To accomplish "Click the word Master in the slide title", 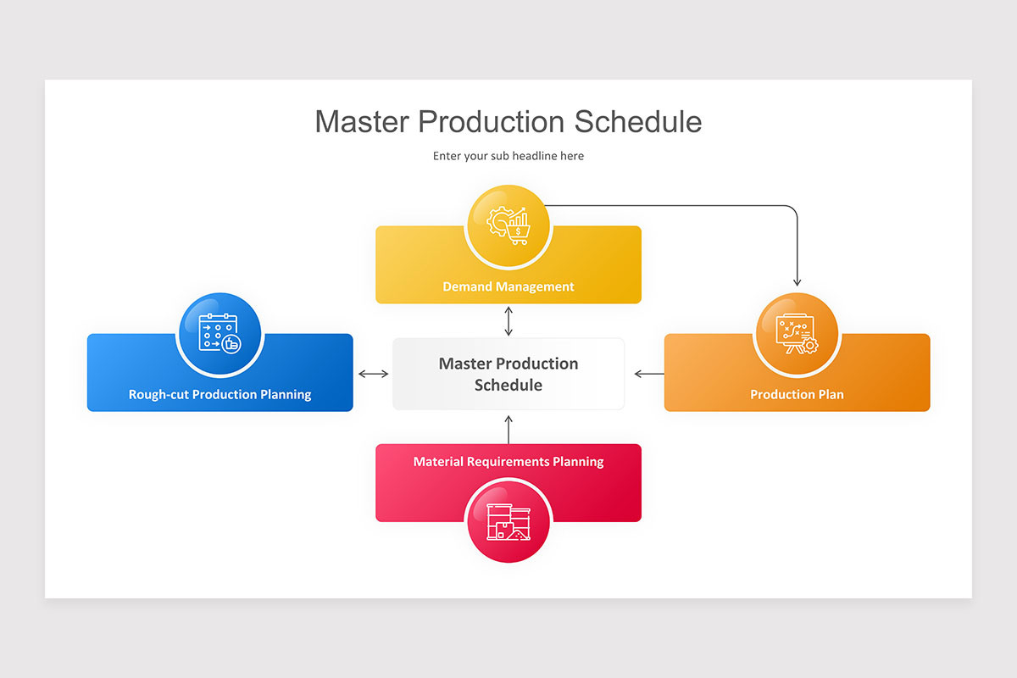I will pyautogui.click(x=362, y=121).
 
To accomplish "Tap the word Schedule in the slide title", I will pyautogui.click(x=638, y=121).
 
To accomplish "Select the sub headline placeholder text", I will pyautogui.click(x=508, y=156).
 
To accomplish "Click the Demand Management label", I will pyautogui.click(x=508, y=286).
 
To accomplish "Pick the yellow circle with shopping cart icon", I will pyautogui.click(x=508, y=225).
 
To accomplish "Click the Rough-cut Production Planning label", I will pyautogui.click(x=220, y=394).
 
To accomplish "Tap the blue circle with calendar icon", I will pyautogui.click(x=220, y=333).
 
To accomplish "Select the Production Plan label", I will pyautogui.click(x=797, y=394).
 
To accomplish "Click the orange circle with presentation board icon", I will pyautogui.click(x=796, y=333).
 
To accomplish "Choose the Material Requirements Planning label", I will pyautogui.click(x=508, y=462).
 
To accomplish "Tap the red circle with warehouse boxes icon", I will pyautogui.click(x=508, y=521).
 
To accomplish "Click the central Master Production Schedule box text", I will pyautogui.click(x=508, y=374).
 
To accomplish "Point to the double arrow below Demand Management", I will pyautogui.click(x=508, y=321).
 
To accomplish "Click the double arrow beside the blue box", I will pyautogui.click(x=373, y=374).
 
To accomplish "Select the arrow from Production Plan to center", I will pyautogui.click(x=649, y=374).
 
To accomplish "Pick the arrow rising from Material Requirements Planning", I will pyautogui.click(x=508, y=429).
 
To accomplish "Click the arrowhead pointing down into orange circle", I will pyautogui.click(x=797, y=281).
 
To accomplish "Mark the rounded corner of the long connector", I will pyautogui.click(x=793, y=209).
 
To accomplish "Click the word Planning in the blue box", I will pyautogui.click(x=282, y=394).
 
